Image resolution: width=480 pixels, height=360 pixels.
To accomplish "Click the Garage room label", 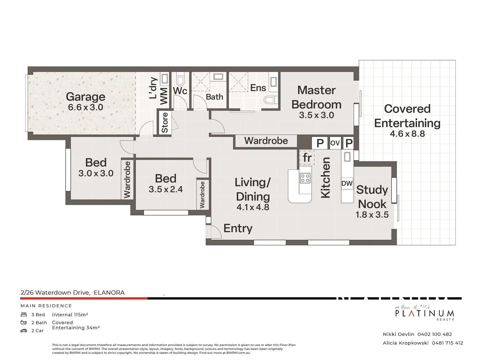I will pyautogui.click(x=85, y=97).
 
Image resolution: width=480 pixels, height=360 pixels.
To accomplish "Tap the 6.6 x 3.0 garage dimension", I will pyautogui.click(x=85, y=107).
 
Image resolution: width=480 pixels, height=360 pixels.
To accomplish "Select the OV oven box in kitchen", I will pyautogui.click(x=335, y=143).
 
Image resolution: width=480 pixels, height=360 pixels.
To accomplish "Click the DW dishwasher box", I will pyautogui.click(x=347, y=183).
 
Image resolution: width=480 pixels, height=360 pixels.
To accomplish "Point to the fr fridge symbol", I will pyautogui.click(x=307, y=157).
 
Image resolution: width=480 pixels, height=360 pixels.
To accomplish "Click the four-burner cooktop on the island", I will pyautogui.click(x=305, y=178).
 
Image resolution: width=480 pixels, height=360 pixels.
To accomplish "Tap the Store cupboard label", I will pyautogui.click(x=165, y=122).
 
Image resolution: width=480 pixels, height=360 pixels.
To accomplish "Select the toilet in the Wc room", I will pyautogui.click(x=180, y=80).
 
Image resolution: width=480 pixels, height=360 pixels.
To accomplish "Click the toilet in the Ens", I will pyautogui.click(x=269, y=100).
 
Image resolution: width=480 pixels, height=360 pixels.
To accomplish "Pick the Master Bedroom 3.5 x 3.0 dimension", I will pyautogui.click(x=316, y=115).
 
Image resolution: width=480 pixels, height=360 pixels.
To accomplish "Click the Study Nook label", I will pyautogui.click(x=372, y=197).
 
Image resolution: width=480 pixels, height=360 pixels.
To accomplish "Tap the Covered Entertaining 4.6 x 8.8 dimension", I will pyautogui.click(x=407, y=134).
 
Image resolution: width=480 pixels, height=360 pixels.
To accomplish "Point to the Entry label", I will pyautogui.click(x=238, y=228).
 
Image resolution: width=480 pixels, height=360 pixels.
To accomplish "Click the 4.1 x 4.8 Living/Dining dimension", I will pyautogui.click(x=253, y=207).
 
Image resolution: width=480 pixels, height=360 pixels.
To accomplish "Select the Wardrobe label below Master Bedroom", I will pyautogui.click(x=266, y=141).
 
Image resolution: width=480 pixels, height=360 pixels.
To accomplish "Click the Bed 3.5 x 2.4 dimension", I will pyautogui.click(x=166, y=189).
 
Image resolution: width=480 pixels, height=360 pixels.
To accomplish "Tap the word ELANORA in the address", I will pyautogui.click(x=109, y=293).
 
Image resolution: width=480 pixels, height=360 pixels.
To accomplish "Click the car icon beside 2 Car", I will pyautogui.click(x=24, y=331).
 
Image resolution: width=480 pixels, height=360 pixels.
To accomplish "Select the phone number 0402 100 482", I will pyautogui.click(x=434, y=334).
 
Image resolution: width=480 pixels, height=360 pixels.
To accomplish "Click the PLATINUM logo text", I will pyautogui.click(x=424, y=313).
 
